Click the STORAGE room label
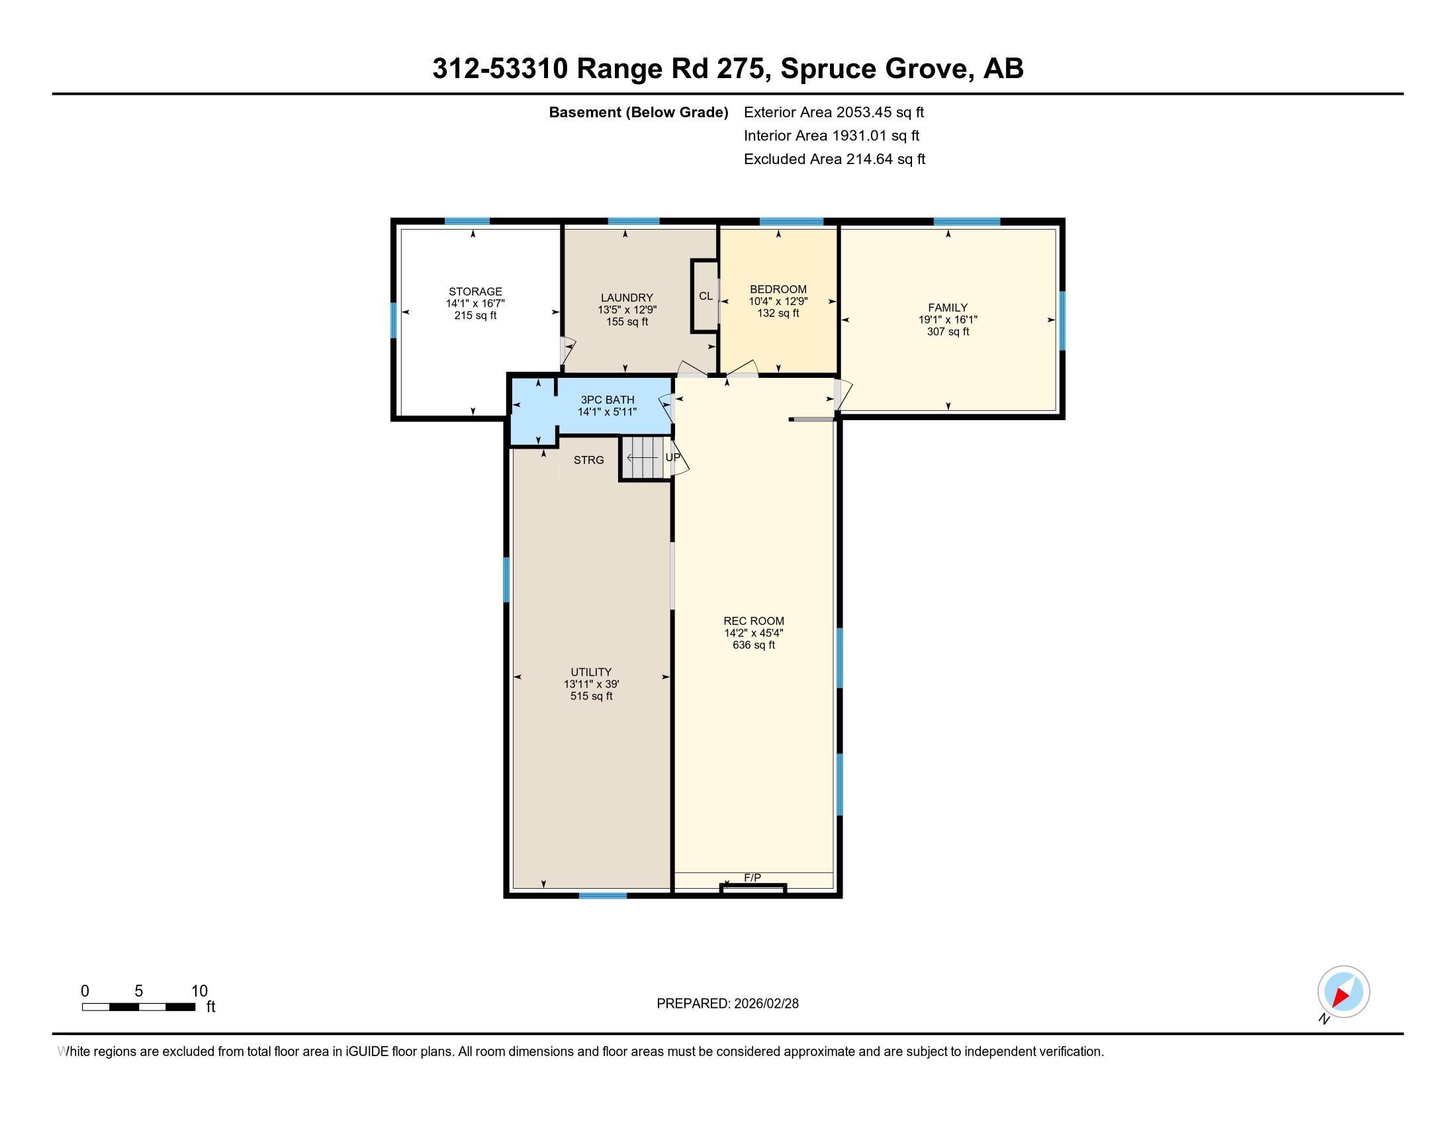[x=475, y=291]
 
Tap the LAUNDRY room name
[x=627, y=297]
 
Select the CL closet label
[x=705, y=296]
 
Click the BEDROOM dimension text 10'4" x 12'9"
[x=778, y=301]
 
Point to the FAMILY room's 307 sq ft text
[x=947, y=332]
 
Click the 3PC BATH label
[x=607, y=400]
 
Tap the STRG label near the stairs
[x=588, y=460]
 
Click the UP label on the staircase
[x=672, y=457]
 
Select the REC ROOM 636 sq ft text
[x=753, y=645]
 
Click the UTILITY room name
[x=590, y=672]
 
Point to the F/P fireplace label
[x=752, y=877]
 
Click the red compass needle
[x=1340, y=997]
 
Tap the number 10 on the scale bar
[x=199, y=991]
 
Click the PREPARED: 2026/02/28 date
[x=727, y=1003]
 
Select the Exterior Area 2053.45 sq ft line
[x=833, y=112]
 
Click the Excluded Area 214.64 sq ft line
[x=834, y=159]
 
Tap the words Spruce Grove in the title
[x=874, y=68]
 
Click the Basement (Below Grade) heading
[x=638, y=112]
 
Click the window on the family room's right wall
[x=1062, y=320]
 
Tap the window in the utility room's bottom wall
[x=602, y=895]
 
